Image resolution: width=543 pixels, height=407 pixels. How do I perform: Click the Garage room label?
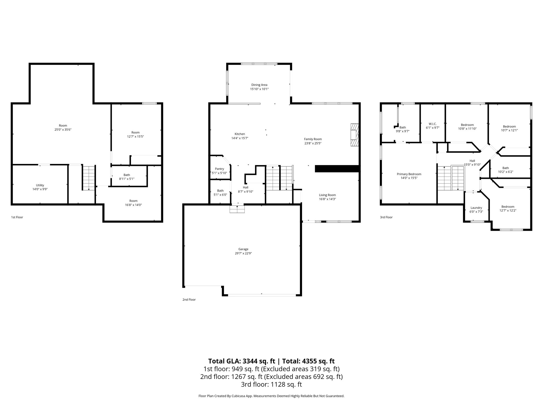(243, 249)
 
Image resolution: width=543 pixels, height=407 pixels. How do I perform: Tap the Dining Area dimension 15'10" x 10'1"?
(259, 89)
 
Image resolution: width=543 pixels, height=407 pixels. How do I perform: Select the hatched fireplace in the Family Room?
(354, 135)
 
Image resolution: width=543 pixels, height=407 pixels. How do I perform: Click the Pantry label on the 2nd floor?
(220, 169)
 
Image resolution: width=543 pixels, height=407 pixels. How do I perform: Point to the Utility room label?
(40, 185)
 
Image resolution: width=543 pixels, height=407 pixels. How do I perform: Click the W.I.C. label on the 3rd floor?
(432, 124)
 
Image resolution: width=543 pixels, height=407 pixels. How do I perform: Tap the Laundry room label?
(476, 208)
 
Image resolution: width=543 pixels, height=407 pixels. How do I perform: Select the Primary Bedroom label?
(409, 174)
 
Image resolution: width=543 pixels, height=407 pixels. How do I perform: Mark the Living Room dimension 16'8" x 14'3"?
(327, 199)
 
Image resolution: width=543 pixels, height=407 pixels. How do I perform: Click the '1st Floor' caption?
(17, 217)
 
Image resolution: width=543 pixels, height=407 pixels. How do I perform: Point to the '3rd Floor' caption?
(386, 217)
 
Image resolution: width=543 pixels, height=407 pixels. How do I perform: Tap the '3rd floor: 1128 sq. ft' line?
(271, 384)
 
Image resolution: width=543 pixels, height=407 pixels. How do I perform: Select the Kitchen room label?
(240, 134)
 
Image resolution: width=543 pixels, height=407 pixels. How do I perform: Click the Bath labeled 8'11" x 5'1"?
(127, 177)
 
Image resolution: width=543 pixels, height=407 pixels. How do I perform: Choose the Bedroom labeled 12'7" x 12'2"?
(508, 209)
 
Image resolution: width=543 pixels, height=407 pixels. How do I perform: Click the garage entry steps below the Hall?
(237, 209)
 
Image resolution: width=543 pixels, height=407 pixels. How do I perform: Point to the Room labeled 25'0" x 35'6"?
(63, 127)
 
